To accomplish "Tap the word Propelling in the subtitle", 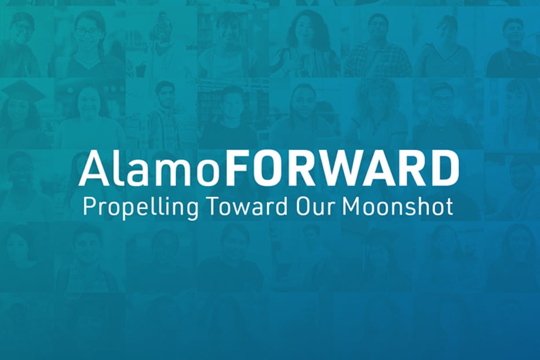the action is pyautogui.click(x=141, y=208).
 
